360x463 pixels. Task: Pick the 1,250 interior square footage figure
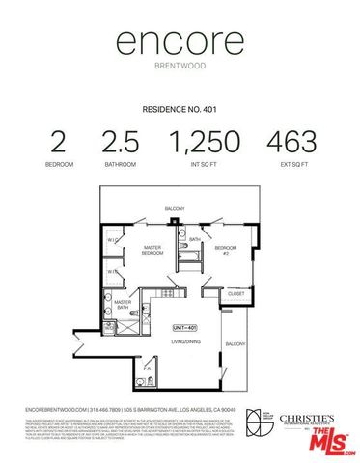click(x=205, y=142)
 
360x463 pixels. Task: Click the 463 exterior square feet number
click(x=291, y=142)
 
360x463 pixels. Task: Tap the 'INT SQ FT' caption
click(x=205, y=164)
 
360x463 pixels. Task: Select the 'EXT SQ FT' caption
click(x=291, y=164)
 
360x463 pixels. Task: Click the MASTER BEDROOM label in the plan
click(x=152, y=250)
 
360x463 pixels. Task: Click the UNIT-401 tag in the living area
click(x=184, y=327)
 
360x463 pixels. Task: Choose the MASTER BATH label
click(x=124, y=304)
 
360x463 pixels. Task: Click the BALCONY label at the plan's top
click(x=175, y=208)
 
